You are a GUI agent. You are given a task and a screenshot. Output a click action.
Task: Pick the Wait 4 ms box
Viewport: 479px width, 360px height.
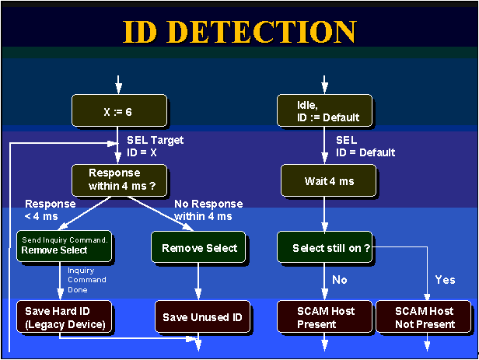coord(328,180)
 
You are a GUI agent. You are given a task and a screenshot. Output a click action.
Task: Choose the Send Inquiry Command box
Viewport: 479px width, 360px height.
coord(65,246)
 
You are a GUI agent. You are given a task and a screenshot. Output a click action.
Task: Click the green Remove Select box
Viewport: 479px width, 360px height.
coord(199,248)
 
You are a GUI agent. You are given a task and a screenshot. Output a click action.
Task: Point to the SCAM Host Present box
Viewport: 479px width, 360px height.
coord(325,317)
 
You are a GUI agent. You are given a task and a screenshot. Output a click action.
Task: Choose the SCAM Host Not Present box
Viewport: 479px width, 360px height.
coord(425,317)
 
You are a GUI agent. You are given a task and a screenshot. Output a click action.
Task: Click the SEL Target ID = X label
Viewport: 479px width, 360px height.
coord(155,146)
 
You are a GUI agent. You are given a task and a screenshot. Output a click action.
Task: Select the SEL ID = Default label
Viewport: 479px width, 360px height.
coord(365,146)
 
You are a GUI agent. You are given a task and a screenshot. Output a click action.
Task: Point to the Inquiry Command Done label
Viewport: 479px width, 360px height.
coord(86,279)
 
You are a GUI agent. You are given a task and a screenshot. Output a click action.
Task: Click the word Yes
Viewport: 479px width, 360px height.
coord(445,278)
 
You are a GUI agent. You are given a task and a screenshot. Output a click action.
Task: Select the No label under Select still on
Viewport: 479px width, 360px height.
coord(340,278)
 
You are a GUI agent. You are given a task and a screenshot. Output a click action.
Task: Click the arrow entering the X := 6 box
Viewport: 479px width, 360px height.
coord(118,84)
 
